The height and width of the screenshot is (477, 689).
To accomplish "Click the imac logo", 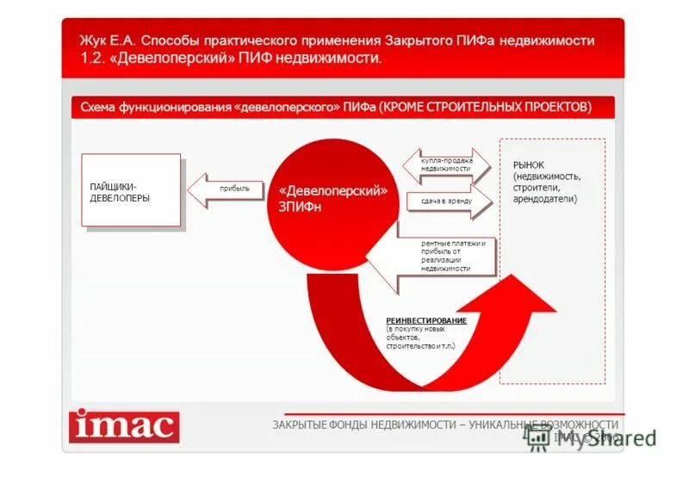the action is [x=125, y=425].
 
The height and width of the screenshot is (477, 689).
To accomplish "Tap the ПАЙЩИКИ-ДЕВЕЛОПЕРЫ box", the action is [x=131, y=189].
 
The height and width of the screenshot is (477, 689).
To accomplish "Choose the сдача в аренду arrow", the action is [x=449, y=201].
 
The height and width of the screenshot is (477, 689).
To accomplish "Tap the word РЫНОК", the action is [x=529, y=164].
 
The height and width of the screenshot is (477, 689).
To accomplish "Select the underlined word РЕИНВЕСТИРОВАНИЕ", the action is [x=426, y=321].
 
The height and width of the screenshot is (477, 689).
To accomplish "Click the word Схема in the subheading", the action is [x=98, y=108].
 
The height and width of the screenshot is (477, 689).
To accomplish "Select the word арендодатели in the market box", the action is [x=545, y=199].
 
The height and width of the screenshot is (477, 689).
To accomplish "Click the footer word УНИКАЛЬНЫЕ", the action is [x=503, y=424].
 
